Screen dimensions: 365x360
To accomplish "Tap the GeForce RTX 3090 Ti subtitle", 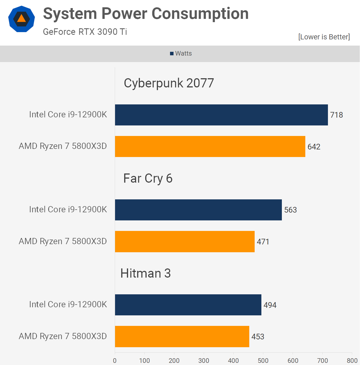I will click(85, 32).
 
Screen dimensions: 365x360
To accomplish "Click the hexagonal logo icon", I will click(22, 19).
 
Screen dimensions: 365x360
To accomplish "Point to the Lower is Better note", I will click(324, 37).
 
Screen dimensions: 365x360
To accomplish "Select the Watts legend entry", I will click(181, 53).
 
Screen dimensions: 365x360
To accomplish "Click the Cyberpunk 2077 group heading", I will click(169, 83).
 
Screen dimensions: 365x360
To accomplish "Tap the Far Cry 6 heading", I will click(148, 178).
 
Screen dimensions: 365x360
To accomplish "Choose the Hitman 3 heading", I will click(146, 273).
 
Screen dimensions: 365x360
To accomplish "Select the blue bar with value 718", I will click(221, 115).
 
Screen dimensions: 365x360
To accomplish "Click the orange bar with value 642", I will click(210, 146).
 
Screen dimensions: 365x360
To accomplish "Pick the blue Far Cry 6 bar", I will click(198, 210).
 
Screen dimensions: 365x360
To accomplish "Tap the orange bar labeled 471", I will click(185, 242).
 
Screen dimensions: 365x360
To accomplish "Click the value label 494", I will click(270, 305).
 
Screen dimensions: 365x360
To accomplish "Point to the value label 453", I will click(258, 337).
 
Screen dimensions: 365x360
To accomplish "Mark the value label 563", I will click(290, 210).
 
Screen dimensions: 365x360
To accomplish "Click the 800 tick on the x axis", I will click(352, 361).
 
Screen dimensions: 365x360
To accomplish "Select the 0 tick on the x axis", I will click(115, 361).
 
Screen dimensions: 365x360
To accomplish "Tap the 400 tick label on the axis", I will click(233, 361).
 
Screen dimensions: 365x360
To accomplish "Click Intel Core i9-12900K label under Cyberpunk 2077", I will click(68, 115).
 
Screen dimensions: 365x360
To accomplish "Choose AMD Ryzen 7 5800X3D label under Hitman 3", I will click(63, 336).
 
